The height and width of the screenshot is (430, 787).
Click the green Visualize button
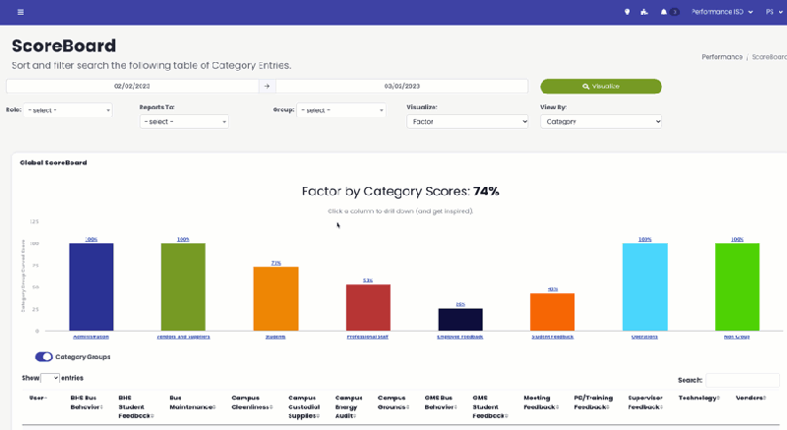click(x=600, y=86)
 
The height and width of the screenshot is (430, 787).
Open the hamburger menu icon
click(x=21, y=12)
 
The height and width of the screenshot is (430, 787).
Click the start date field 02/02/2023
click(x=132, y=86)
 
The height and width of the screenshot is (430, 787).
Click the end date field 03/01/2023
click(x=401, y=86)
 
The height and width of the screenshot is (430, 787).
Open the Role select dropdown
click(x=68, y=110)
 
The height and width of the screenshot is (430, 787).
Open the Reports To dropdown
click(x=184, y=121)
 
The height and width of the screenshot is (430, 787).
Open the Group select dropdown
click(x=341, y=110)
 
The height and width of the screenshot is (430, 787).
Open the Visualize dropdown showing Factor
click(x=467, y=121)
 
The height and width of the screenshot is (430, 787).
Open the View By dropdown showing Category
click(x=600, y=121)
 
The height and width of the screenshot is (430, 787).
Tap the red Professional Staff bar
click(x=368, y=307)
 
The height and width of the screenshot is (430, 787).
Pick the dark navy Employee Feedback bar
click(x=460, y=319)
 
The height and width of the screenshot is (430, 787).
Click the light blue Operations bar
click(x=644, y=286)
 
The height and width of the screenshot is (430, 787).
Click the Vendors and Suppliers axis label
click(x=183, y=337)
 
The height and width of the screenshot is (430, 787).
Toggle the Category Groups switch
click(x=43, y=356)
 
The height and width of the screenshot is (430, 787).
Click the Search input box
click(x=742, y=380)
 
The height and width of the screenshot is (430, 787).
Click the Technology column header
click(x=697, y=398)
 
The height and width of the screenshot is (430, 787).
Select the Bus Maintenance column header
click(x=189, y=401)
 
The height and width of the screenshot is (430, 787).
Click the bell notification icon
click(x=664, y=12)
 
